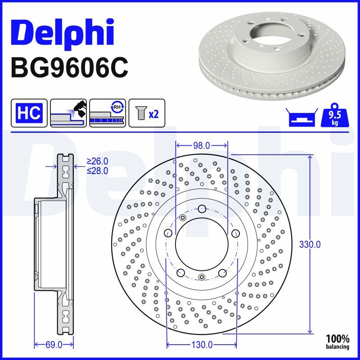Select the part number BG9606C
[x=69, y=68]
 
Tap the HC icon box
[x=29, y=112]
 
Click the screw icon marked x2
[x=147, y=112]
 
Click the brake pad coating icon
[x=68, y=112]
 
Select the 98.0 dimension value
[x=201, y=145]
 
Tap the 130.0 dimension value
[x=202, y=345]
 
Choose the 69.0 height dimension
[x=54, y=345]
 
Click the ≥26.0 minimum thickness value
[x=98, y=161]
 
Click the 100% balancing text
[x=337, y=342]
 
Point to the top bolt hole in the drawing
[x=202, y=208]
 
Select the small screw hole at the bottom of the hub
[x=202, y=277]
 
